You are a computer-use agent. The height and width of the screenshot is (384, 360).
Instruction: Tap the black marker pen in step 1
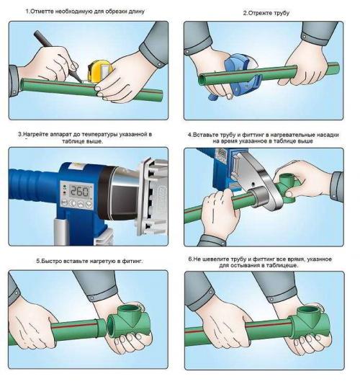[57, 55]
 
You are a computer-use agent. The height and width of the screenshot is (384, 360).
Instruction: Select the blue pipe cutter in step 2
[241, 76]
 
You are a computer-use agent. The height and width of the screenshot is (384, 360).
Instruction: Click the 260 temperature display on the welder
[79, 191]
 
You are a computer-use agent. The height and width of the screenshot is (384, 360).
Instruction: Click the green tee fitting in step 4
[289, 189]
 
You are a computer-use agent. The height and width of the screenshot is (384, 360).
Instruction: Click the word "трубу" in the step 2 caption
[282, 13]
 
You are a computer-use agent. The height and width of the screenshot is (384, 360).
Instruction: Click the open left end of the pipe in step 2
[201, 79]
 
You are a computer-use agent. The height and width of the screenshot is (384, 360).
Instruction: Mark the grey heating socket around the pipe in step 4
[260, 197]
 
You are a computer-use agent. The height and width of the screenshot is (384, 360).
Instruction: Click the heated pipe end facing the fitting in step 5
[102, 328]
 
